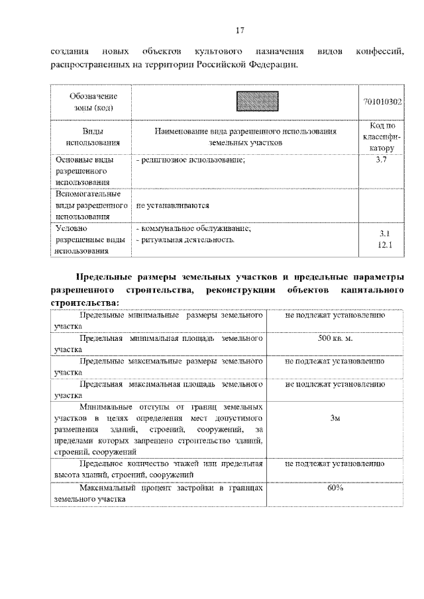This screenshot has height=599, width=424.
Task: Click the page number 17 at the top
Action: pyautogui.click(x=240, y=29)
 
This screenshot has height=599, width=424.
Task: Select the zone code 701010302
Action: pyautogui.click(x=383, y=102)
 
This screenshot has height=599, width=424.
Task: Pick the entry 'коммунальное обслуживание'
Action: pyautogui.click(x=193, y=228)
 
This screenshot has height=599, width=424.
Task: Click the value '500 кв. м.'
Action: pyautogui.click(x=335, y=339)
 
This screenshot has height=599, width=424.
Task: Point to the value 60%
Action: pyautogui.click(x=335, y=488)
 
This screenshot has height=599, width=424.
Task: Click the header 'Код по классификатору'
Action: pyautogui.click(x=381, y=137)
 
